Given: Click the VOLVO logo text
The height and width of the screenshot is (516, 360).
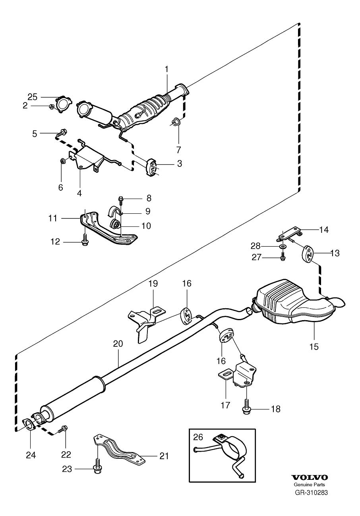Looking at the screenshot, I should pyautogui.click(x=310, y=477).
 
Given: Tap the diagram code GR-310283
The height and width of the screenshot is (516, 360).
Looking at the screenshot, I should pyautogui.click(x=311, y=493).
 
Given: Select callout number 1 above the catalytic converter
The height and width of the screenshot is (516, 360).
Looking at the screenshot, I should pyautogui.click(x=166, y=69).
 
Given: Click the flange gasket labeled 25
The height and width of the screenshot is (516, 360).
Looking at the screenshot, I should pyautogui.click(x=62, y=104).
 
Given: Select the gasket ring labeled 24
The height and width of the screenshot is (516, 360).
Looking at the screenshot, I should pyautogui.click(x=28, y=425).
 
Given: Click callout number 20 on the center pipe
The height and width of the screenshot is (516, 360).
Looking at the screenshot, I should pyautogui.click(x=118, y=344).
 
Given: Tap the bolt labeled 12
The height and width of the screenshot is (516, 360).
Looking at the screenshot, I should pyautogui.click(x=85, y=241).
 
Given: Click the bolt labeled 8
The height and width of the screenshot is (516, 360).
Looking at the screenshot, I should pyautogui.click(x=120, y=198).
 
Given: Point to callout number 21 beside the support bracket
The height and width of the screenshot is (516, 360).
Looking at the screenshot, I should pyautogui.click(x=164, y=456).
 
